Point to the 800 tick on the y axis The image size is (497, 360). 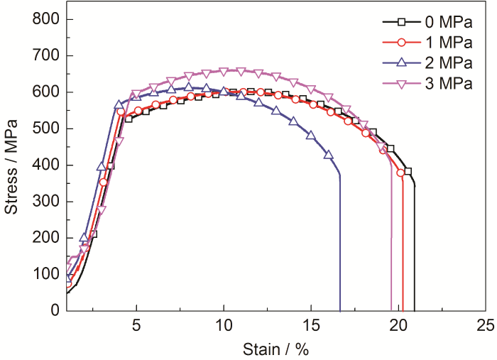click(45, 19)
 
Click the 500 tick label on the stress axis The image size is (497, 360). click(45, 129)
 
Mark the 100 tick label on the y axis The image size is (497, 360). click(45, 274)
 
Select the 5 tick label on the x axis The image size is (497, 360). click(136, 325)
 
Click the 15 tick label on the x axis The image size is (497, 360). click(311, 325)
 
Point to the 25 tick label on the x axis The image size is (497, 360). click(485, 325)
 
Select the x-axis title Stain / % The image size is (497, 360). click(276, 349)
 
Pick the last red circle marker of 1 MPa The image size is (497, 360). click(400, 173)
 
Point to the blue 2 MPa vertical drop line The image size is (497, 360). click(340, 241)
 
